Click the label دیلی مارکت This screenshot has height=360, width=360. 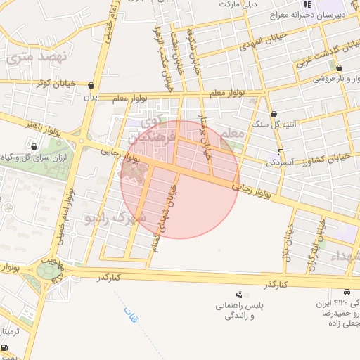click(x=239, y=4)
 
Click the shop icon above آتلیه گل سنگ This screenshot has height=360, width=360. click(x=274, y=114)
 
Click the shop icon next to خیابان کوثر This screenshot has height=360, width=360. click(x=91, y=85)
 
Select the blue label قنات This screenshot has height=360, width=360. click(x=131, y=313)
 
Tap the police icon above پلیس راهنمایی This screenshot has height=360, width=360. click(x=240, y=295)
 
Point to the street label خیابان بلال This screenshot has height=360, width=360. click(x=288, y=240)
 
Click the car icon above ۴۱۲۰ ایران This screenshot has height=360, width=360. click(x=347, y=292)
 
